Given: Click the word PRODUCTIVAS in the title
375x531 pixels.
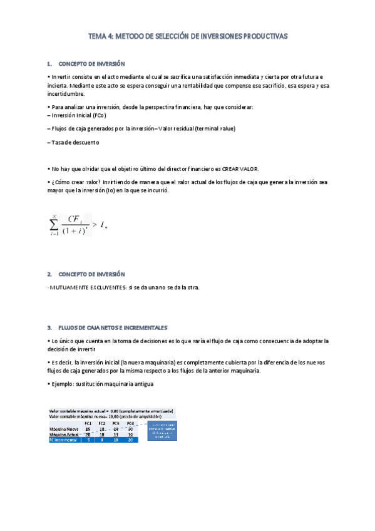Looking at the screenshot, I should pos(263,37).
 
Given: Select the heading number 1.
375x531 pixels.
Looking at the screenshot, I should pos(49,64).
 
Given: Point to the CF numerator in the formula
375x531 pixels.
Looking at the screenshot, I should pos(77,219).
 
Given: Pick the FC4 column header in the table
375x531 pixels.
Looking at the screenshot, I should pos(130,423).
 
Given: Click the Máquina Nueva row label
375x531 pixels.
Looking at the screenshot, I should pos(64,428).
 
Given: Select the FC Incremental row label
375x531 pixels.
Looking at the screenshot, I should pos(65,440).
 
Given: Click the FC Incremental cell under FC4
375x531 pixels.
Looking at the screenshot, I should pos(130,440).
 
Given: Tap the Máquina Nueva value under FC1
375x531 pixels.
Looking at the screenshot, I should pos(88,428).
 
